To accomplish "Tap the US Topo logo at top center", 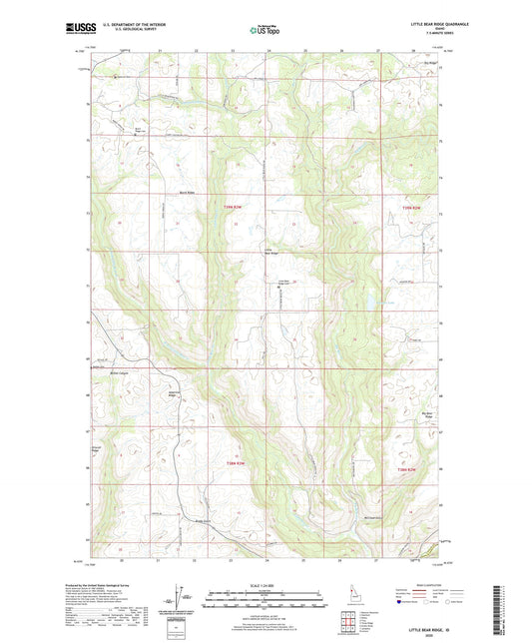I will pos(265,30).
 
